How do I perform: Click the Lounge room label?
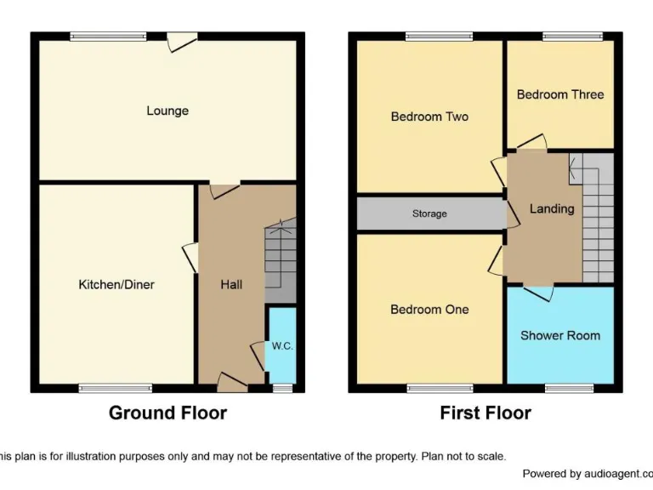[x=168, y=111]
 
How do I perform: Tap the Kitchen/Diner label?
[x=116, y=284]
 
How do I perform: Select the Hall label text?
[x=231, y=284]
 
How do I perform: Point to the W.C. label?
[x=282, y=346]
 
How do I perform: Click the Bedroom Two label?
[x=429, y=117]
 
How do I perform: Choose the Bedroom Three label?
[x=560, y=94]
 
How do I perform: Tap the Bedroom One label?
[x=429, y=310]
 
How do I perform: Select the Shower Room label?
[x=560, y=335]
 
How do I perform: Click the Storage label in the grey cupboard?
[x=429, y=214]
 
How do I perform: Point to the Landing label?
[x=552, y=208]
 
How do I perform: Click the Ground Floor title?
[x=168, y=413]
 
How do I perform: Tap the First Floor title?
[x=485, y=413]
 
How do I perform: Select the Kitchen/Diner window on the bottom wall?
[x=116, y=388]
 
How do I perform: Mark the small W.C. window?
[x=282, y=388]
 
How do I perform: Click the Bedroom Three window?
[x=572, y=37]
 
